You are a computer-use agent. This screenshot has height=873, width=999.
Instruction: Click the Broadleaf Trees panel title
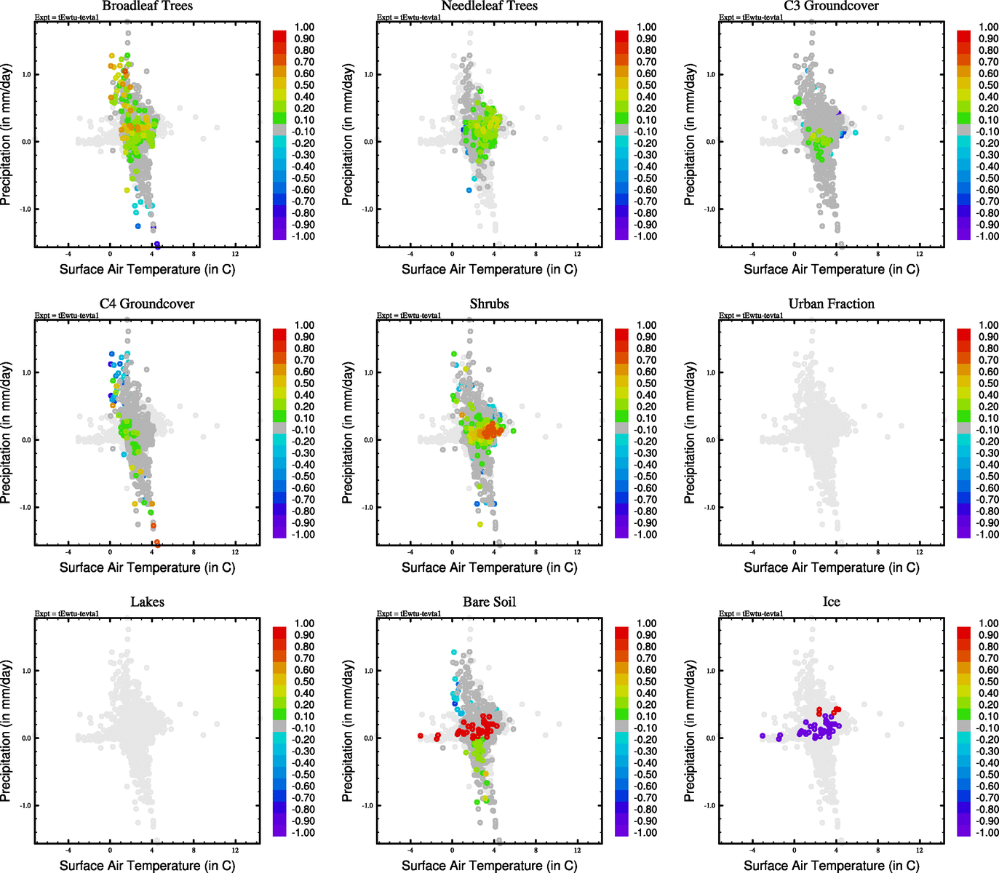coord(147,6)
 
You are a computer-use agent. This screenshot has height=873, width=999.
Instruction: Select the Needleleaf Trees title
coord(489,6)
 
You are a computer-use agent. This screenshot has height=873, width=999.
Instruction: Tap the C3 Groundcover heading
coord(831,6)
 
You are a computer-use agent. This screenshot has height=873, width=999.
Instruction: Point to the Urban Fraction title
coord(831,304)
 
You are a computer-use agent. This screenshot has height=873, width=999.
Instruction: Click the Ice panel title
coord(831,602)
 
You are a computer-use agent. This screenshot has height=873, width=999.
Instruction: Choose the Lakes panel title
coord(147,602)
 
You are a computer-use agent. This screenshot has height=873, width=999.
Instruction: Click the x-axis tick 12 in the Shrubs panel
coord(578,552)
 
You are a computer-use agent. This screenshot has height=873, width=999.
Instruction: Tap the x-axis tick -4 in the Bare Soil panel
coord(410,850)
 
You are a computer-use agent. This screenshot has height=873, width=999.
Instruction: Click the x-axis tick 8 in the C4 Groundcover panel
coord(194,552)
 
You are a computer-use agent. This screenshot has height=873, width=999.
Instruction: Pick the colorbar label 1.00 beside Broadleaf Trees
coord(304,27)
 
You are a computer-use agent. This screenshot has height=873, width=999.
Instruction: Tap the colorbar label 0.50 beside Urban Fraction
coord(988,383)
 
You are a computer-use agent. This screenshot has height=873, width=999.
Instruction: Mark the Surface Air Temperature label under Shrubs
coord(489,567)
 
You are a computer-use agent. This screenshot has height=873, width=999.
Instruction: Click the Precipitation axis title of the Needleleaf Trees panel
coord(348,135)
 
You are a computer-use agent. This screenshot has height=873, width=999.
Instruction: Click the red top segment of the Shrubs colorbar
coord(621,334)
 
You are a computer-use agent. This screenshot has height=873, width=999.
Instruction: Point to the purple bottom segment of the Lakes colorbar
coord(279,830)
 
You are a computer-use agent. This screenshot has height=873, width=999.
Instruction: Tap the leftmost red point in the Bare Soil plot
coord(421,736)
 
